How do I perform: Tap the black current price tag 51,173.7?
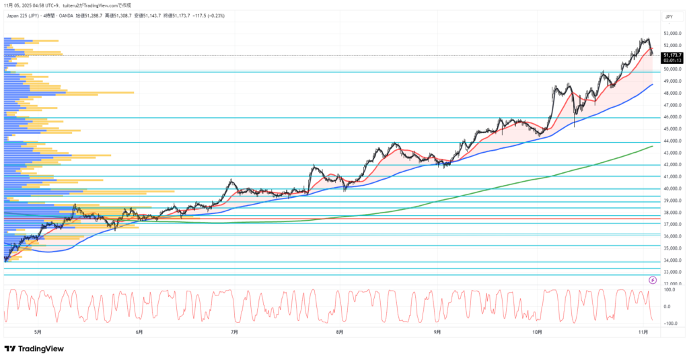pyautogui.click(x=673, y=55)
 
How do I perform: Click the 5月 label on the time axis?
pyautogui.click(x=38, y=332)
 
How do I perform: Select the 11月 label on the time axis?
pyautogui.click(x=643, y=332)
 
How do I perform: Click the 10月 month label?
pyautogui.click(x=536, y=332)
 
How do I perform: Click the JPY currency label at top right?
pyautogui.click(x=669, y=16)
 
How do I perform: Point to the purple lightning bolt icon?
pyautogui.click(x=652, y=279)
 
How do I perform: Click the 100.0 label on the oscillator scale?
pyautogui.click(x=669, y=290)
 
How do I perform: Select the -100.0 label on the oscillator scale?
pyautogui.click(x=669, y=323)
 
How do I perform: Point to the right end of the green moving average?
pyautogui.click(x=652, y=146)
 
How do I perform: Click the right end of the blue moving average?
pyautogui.click(x=652, y=85)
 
